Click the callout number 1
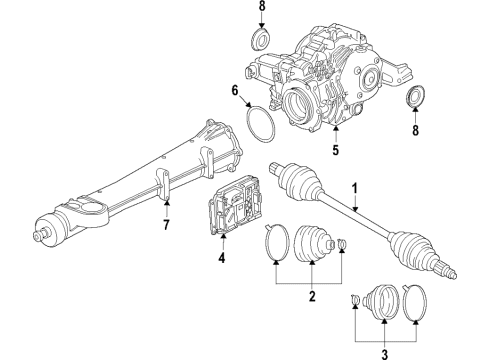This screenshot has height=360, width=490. [x=352, y=187]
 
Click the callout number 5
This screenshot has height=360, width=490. [x=335, y=153]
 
